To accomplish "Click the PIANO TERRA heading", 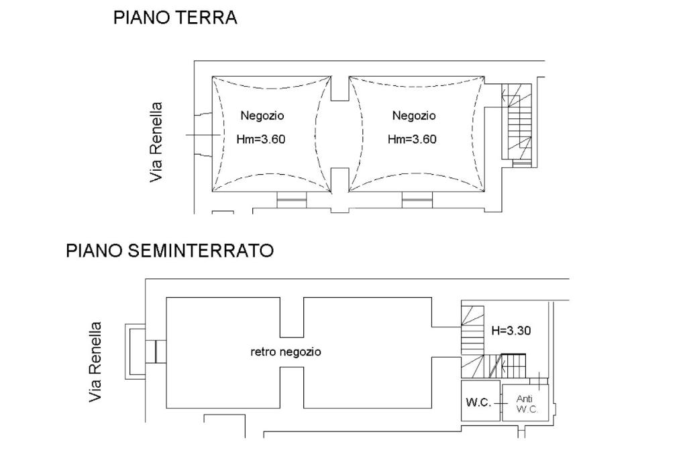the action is click(x=175, y=17).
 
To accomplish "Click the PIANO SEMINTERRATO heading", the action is click(x=170, y=251).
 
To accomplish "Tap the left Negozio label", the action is click(x=262, y=116).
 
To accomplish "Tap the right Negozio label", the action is click(x=413, y=116).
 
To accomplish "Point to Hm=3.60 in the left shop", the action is click(x=261, y=139).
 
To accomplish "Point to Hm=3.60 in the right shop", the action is click(x=412, y=139).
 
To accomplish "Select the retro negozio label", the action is click(x=286, y=351).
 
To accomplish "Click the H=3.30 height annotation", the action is click(x=511, y=330).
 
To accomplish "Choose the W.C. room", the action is click(x=480, y=401).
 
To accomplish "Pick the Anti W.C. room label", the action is click(x=526, y=404).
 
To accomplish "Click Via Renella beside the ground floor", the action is click(x=156, y=142).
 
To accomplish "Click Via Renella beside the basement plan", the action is click(x=95, y=362).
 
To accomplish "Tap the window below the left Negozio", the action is click(x=291, y=200).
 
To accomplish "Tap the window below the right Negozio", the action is click(x=417, y=200).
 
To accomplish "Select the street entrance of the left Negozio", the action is click(x=203, y=134).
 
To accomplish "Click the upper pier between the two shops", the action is click(x=339, y=88).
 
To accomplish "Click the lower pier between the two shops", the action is click(x=339, y=180).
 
